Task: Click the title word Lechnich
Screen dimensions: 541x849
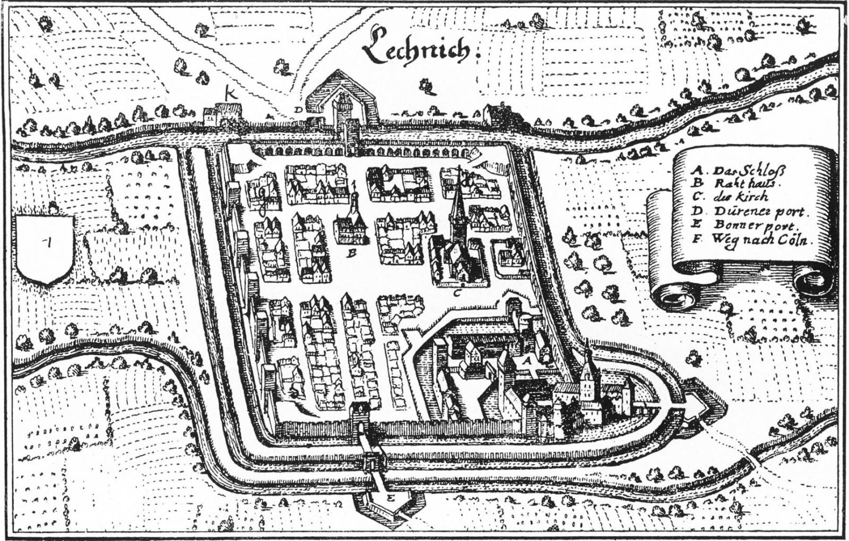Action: [x=417, y=49]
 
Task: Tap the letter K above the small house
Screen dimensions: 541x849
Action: [x=230, y=94]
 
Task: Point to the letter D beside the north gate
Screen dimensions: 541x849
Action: [x=299, y=109]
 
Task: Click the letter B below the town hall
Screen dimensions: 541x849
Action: [x=351, y=254]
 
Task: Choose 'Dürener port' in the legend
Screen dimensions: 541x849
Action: [x=759, y=212]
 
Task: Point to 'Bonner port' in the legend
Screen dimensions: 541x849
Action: [x=756, y=225]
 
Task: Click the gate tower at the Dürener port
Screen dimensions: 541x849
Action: [x=343, y=111]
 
